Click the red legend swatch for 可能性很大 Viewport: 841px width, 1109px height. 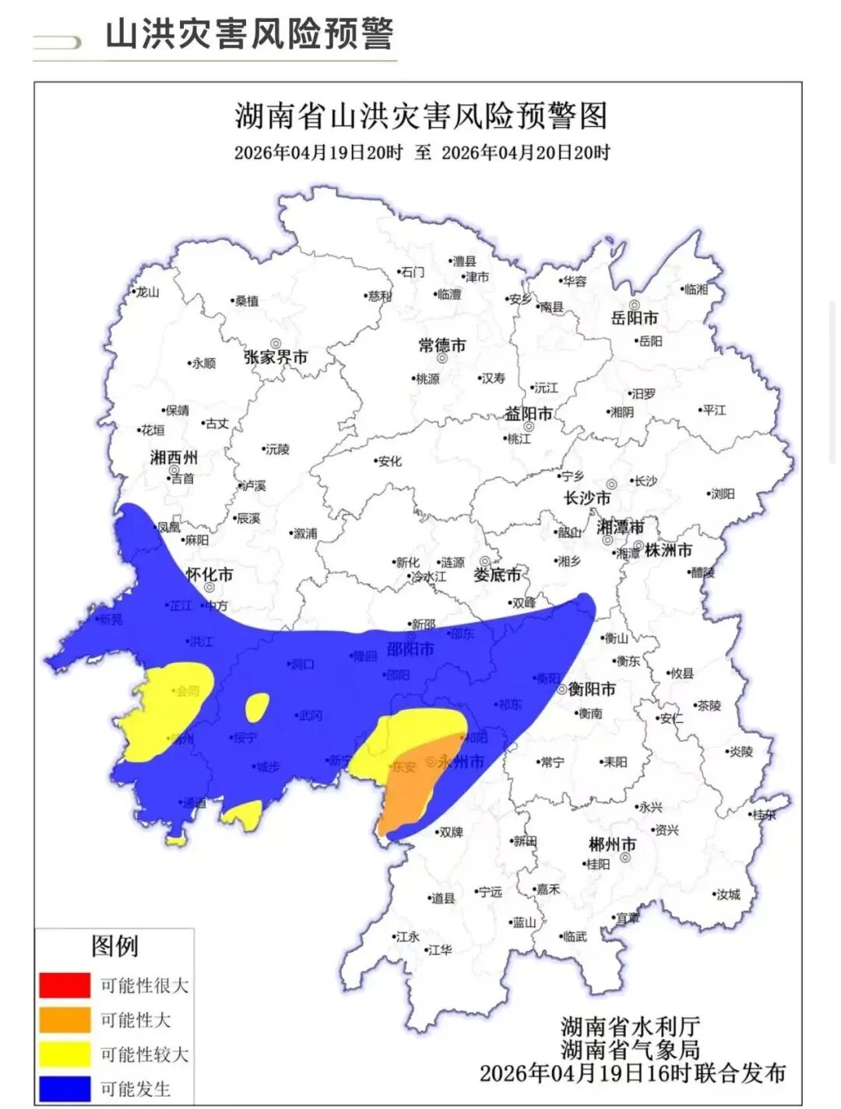pos(65,984)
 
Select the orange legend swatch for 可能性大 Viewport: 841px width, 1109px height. pos(65,1020)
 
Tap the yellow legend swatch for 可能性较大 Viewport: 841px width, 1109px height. pos(65,1055)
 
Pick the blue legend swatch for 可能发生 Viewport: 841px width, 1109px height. pos(65,1089)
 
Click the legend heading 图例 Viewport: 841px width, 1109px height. pos(114,946)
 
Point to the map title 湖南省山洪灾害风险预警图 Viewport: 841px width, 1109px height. pos(420,117)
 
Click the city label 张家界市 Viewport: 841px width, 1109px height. pos(276,357)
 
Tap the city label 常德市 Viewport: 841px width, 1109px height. pos(442,345)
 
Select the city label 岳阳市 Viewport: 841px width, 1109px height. pos(635,318)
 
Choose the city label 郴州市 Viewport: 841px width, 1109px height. pos(612,844)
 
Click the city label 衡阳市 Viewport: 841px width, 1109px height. pos(592,689)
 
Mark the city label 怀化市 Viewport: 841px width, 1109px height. pos(209,574)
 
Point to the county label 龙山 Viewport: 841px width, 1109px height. pos(147,293)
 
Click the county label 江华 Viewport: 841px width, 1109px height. pos(440,950)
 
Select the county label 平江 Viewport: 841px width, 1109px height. pos(714,410)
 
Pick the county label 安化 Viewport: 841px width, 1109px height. pos(389,461)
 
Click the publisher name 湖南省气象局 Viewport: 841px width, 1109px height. pos(630,1050)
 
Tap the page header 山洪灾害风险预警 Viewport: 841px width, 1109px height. pos(249,34)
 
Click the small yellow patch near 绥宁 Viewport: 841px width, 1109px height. pos(255,707)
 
